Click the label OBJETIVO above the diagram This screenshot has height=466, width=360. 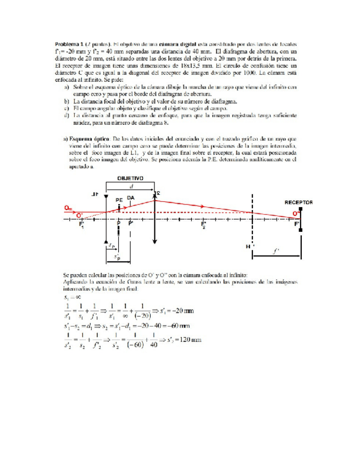(130, 179)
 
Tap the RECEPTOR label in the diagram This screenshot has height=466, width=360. (298, 202)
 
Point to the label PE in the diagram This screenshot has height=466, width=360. (119, 199)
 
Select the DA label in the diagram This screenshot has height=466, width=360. (130, 198)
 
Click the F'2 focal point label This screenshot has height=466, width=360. (203, 225)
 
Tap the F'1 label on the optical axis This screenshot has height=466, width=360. (82, 225)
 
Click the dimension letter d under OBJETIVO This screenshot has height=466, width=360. (130, 187)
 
